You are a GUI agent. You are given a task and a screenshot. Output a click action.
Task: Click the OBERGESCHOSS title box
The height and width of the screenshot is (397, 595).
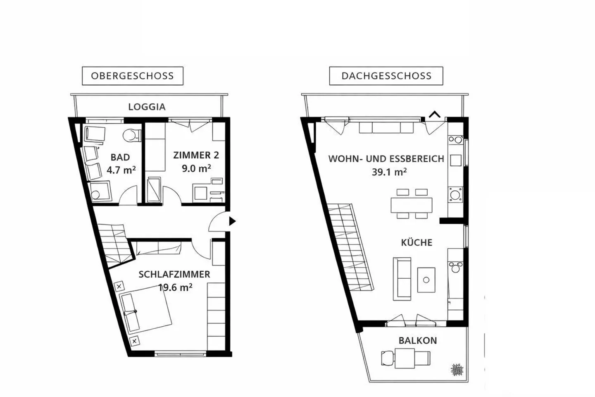tap(132, 76)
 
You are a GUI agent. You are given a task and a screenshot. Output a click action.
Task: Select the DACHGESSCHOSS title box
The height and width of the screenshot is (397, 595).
tap(386, 76)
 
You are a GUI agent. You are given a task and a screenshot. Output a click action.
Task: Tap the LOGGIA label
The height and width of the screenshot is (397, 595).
tap(147, 107)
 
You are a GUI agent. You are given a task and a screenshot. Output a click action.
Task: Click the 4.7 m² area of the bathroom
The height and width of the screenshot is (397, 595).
tap(121, 170)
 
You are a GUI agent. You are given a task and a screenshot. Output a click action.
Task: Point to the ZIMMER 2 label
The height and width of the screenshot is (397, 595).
tap(196, 155)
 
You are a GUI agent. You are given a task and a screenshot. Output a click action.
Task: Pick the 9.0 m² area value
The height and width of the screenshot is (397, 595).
tap(196, 168)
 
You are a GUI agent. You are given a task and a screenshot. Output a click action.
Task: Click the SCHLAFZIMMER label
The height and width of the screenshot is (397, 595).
tap(174, 274)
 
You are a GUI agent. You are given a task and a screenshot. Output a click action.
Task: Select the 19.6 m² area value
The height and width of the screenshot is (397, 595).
tap(175, 287)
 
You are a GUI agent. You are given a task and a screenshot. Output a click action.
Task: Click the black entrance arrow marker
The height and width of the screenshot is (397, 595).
tap(232, 221)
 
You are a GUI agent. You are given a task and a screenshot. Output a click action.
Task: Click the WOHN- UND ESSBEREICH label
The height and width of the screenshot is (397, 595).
tap(386, 159)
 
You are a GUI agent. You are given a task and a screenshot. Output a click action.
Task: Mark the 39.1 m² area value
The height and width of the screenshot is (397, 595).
tap(389, 172)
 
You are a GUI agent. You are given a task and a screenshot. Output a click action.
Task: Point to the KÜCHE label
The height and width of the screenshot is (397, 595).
tap(416, 242)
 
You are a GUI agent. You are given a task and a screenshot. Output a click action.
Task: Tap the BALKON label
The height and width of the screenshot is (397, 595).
tap(417, 341)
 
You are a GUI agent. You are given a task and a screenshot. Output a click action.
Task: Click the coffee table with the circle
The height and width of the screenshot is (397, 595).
tap(426, 280)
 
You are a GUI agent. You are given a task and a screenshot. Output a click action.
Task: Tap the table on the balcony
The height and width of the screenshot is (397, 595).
tap(405, 358)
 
